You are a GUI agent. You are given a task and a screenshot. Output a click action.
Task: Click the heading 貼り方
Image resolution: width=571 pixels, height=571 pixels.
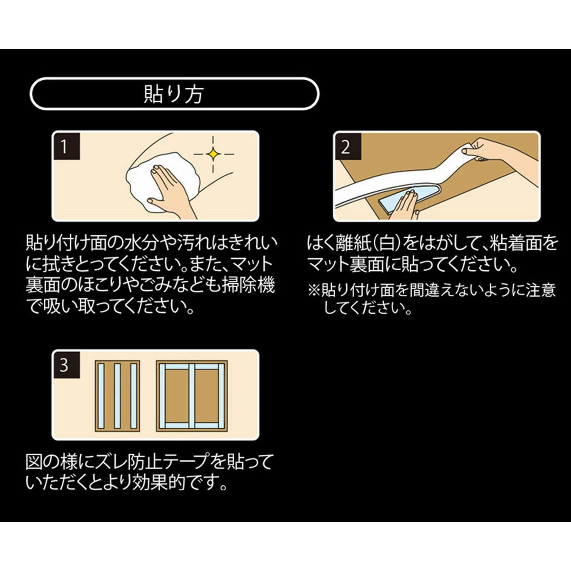click(174, 94)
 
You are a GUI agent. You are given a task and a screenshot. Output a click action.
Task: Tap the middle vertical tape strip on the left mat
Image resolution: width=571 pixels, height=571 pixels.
click(117, 396)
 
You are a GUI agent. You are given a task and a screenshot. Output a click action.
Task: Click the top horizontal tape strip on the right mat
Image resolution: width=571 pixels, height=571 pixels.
click(192, 367)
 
